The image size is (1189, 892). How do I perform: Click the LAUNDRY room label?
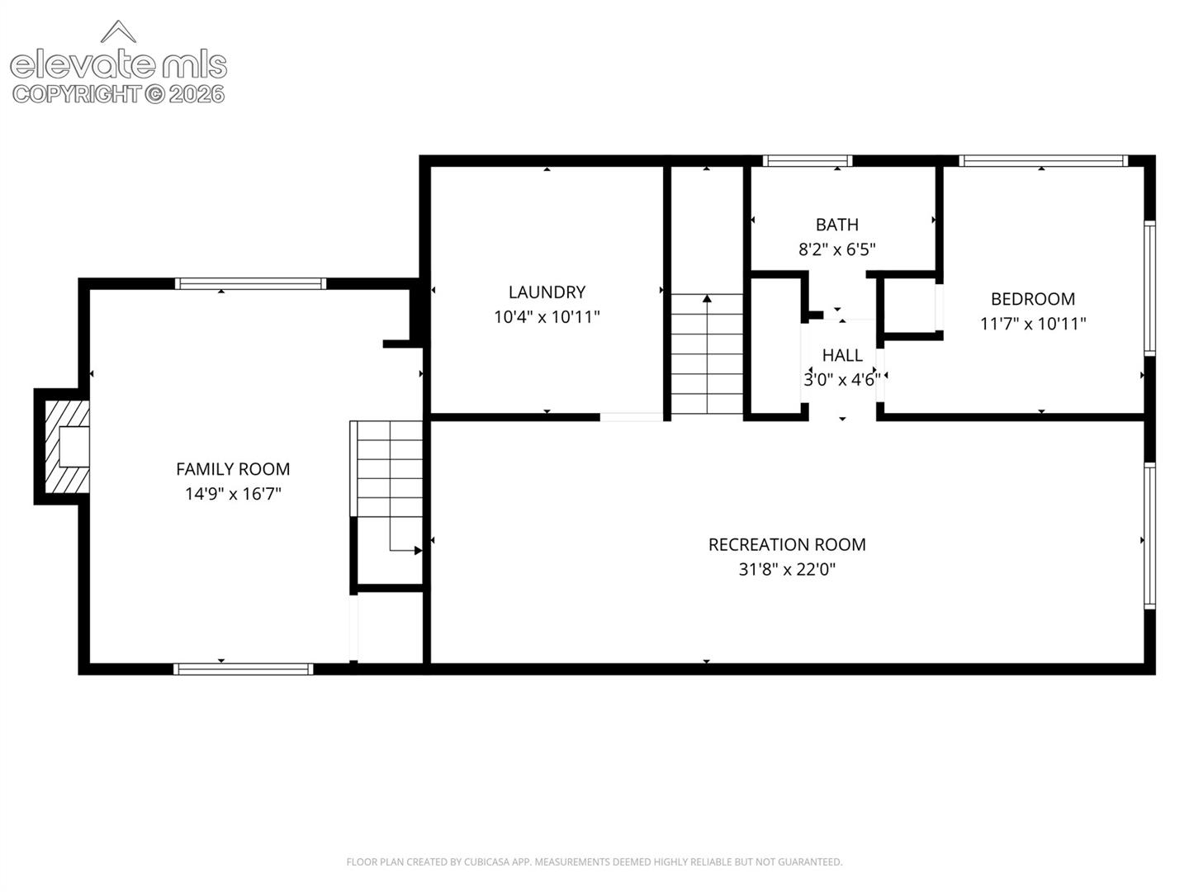click(x=547, y=292)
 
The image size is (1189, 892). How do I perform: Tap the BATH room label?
click(x=837, y=224)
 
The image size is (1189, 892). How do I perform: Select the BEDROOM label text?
click(x=1032, y=298)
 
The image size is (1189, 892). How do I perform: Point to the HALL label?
click(x=841, y=355)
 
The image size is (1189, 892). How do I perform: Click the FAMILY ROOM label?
click(x=233, y=469)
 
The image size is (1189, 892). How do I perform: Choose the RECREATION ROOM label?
click(x=787, y=544)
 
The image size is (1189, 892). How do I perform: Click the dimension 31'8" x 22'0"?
click(x=787, y=569)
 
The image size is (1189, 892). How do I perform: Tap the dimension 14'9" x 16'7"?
click(x=233, y=494)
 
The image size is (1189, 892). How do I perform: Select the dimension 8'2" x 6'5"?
click(x=837, y=249)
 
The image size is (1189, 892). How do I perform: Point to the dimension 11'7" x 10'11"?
click(x=1032, y=323)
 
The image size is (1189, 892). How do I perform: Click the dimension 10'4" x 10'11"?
click(x=547, y=316)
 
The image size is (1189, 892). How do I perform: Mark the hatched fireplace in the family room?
click(x=67, y=447)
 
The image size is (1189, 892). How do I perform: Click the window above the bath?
click(x=807, y=161)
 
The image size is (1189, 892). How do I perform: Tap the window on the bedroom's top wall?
click(x=1044, y=161)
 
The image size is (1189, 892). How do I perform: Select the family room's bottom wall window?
click(x=244, y=669)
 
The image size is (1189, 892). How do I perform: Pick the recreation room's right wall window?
click(x=1149, y=536)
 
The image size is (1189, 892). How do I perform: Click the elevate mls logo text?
click(x=119, y=65)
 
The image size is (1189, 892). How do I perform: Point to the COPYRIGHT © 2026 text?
click(x=118, y=94)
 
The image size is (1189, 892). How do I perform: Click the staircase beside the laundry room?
click(x=707, y=354)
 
